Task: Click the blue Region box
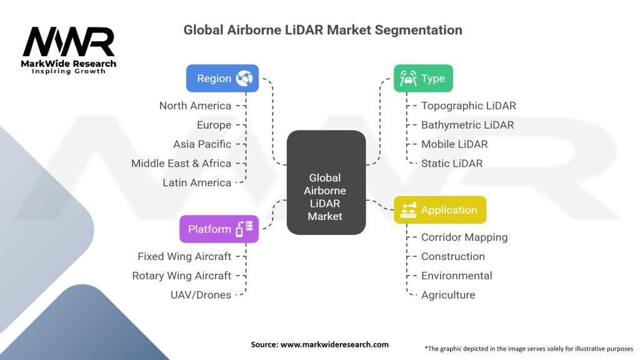point(222,79)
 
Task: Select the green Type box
point(423,79)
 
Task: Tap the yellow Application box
point(439,210)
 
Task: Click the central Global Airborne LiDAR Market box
point(325,182)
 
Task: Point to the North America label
point(195,106)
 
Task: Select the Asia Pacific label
point(202,144)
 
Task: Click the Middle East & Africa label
point(181,163)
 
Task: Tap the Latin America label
point(197,182)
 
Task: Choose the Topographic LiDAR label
point(469,106)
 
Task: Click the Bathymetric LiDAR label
point(467,125)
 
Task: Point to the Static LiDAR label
point(452,163)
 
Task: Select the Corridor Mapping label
point(464,237)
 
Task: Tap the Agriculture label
point(448,294)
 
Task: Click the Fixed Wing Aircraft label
point(184,256)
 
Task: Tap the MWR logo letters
point(69,42)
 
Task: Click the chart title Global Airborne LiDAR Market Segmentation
point(323,29)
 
